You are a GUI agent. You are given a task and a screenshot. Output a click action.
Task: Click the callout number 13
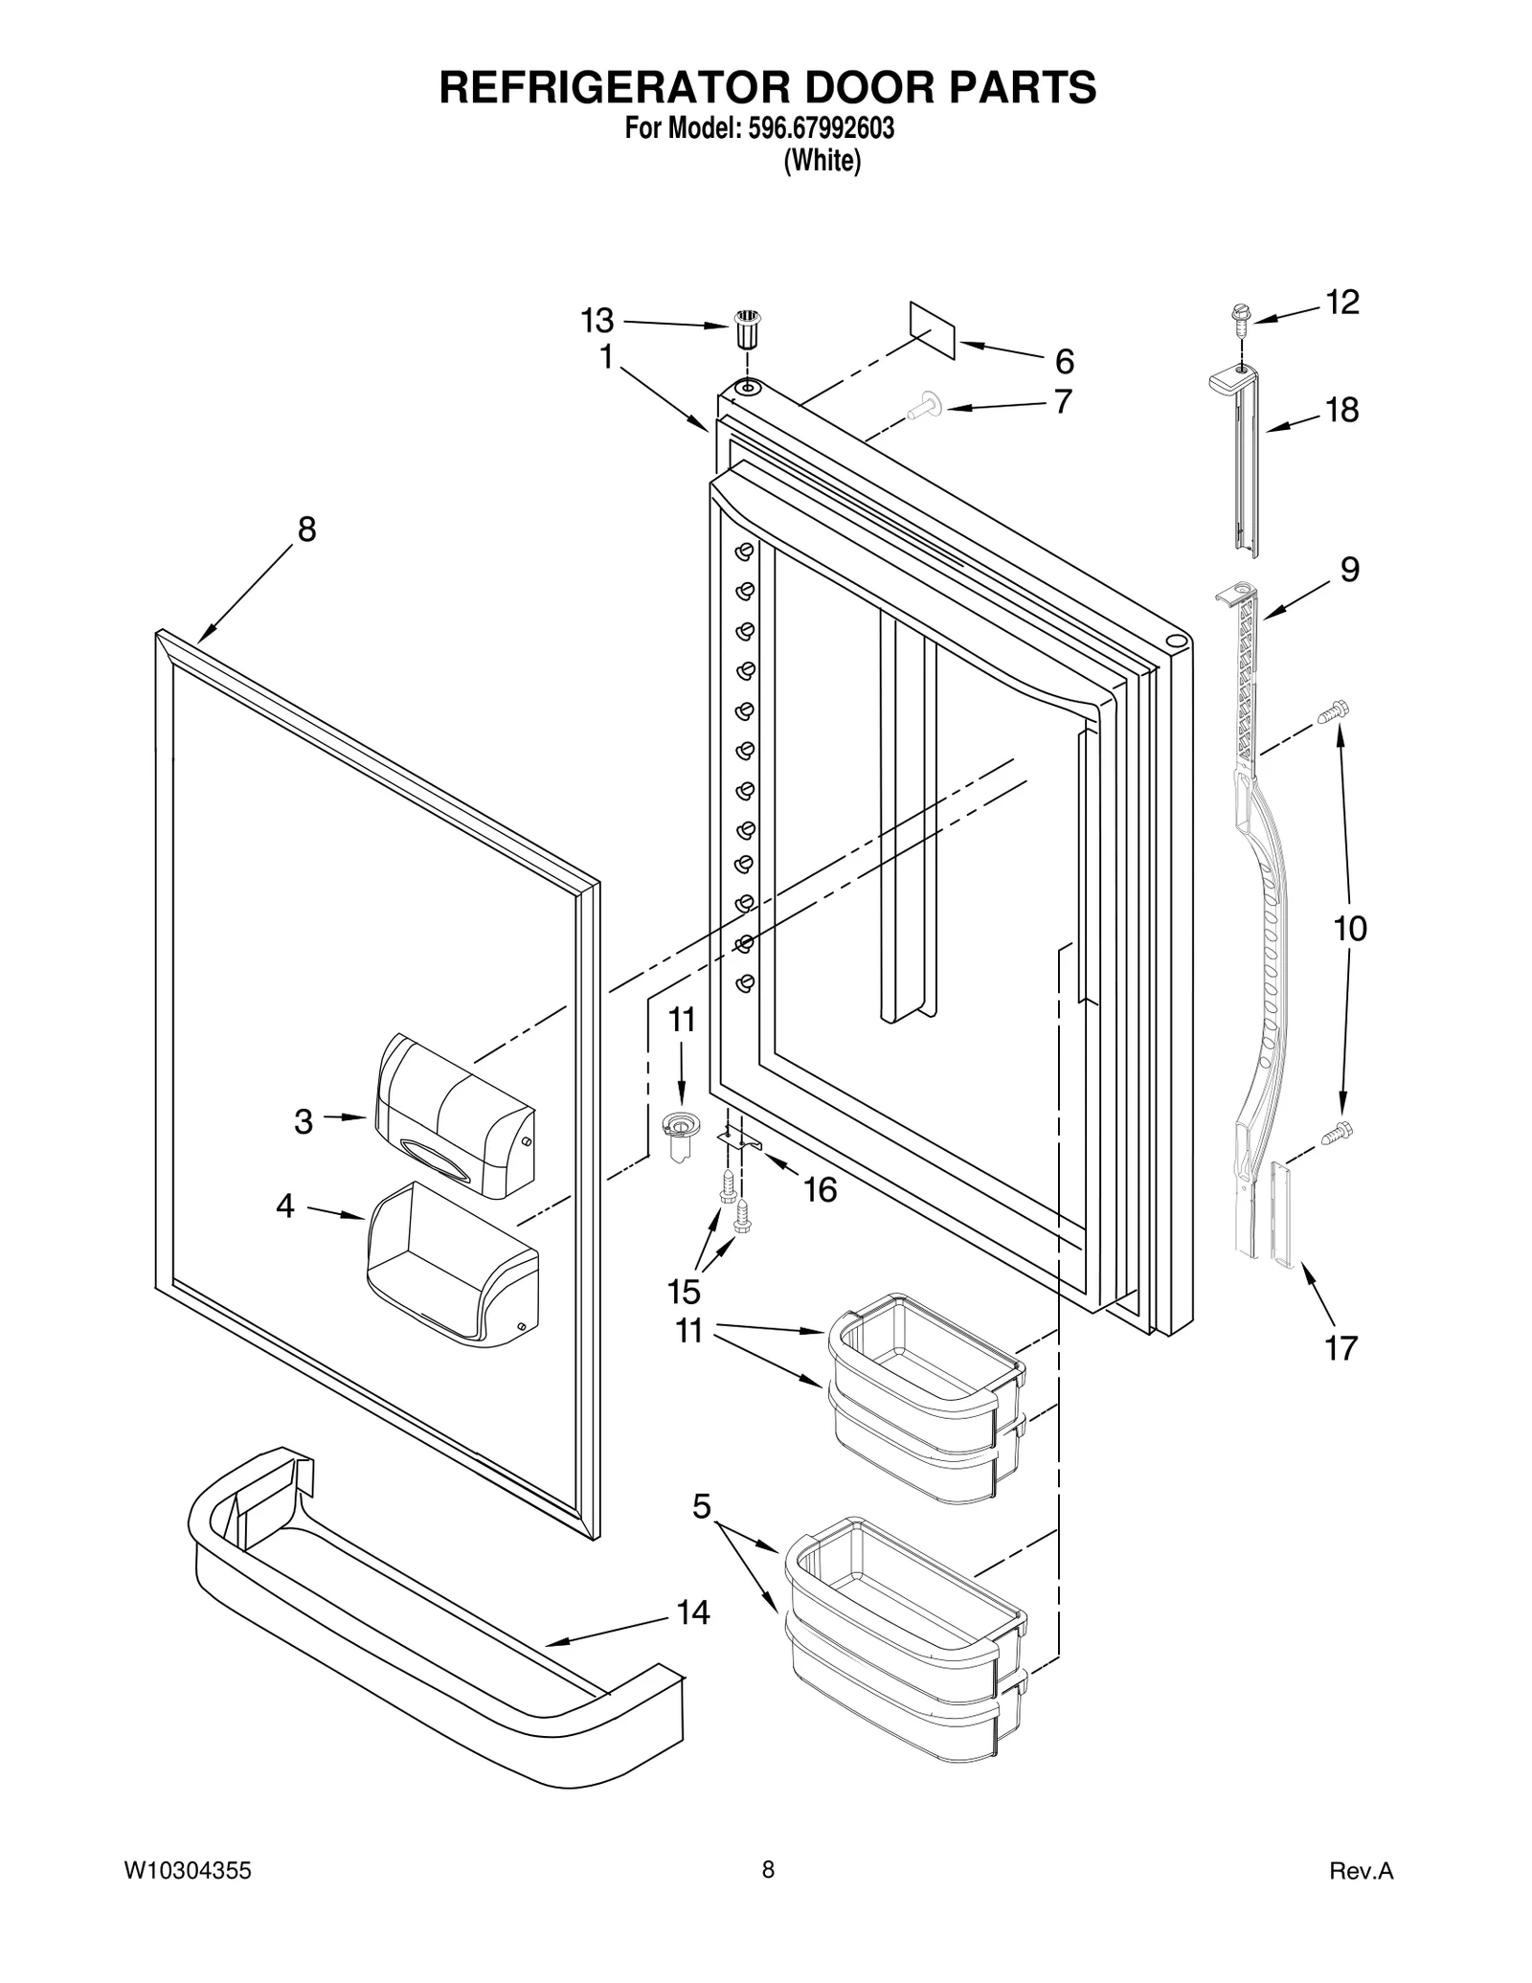pyautogui.click(x=597, y=321)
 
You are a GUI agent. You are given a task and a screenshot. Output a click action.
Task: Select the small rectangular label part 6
pyautogui.click(x=933, y=329)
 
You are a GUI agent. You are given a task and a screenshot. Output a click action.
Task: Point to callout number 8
pyautogui.click(x=306, y=529)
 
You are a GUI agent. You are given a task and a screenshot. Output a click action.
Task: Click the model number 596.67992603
pyautogui.click(x=816, y=129)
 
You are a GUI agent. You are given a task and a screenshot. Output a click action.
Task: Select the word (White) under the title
pyautogui.click(x=822, y=162)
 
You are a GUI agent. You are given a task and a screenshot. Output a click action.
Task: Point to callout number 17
pyautogui.click(x=1340, y=1348)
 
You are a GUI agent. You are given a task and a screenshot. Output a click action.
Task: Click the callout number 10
pyautogui.click(x=1350, y=928)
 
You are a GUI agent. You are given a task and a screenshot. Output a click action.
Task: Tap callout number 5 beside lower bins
pyautogui.click(x=702, y=1506)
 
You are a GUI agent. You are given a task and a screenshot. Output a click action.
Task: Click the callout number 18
pyautogui.click(x=1341, y=410)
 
